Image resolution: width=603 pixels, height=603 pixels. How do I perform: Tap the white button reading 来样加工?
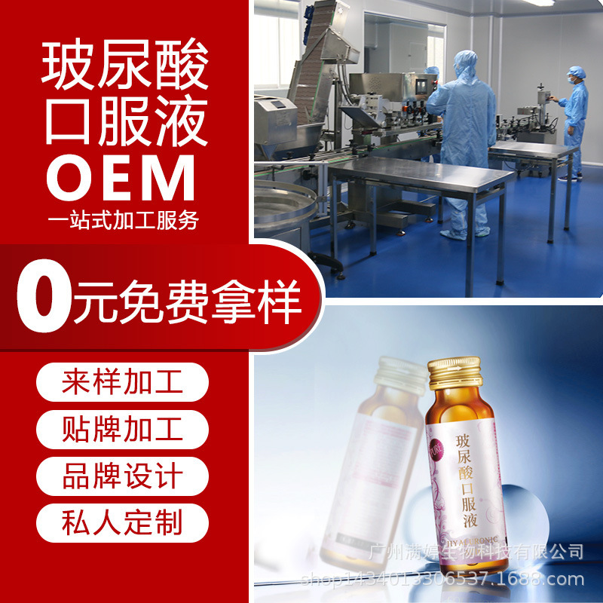click(122, 382)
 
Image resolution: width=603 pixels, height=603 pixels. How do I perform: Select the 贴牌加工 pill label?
click(122, 429)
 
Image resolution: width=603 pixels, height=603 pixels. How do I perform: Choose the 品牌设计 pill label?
click(122, 476)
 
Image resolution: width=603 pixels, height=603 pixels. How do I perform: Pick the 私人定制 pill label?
click(122, 522)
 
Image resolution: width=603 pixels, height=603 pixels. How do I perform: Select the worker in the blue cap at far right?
click(574, 121)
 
